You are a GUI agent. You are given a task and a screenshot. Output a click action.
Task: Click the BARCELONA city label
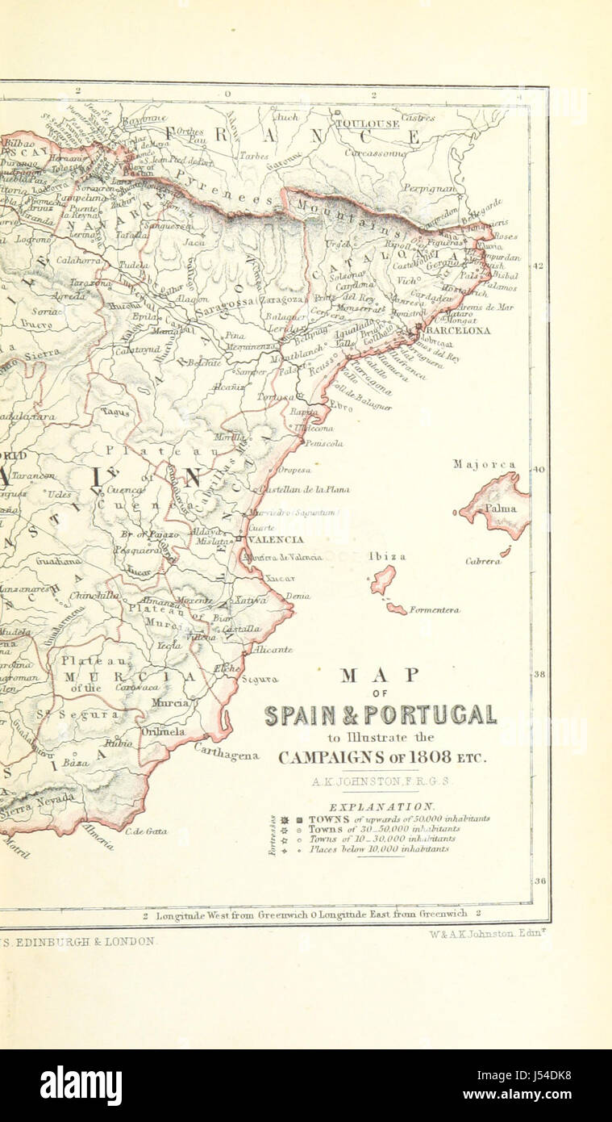click(x=458, y=330)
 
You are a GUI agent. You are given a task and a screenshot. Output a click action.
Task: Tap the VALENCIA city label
click(x=276, y=539)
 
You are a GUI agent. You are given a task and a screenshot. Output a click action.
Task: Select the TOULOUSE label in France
click(x=367, y=124)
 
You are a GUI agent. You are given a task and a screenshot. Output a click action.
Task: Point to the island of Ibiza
click(x=383, y=579)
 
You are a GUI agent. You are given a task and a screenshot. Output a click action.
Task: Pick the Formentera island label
click(x=434, y=610)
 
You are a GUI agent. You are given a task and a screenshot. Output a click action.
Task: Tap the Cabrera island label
click(x=482, y=561)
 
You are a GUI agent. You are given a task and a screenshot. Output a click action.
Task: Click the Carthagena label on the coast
click(x=227, y=751)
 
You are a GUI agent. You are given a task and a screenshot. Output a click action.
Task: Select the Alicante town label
click(x=273, y=649)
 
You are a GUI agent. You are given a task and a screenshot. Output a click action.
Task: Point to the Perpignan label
click(x=430, y=187)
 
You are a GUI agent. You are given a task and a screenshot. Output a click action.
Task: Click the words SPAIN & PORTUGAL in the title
click(x=381, y=715)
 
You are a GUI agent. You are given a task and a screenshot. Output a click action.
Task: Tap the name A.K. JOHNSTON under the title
click(x=381, y=781)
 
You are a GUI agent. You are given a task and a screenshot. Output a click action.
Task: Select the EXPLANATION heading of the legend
click(x=381, y=806)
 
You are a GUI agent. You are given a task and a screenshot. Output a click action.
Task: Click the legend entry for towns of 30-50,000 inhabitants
click(x=384, y=829)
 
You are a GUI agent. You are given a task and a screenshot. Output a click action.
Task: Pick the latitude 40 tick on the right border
click(x=539, y=469)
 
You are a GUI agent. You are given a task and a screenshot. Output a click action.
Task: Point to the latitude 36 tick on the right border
click(x=539, y=881)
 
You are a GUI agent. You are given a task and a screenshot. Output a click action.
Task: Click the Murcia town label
click(x=170, y=703)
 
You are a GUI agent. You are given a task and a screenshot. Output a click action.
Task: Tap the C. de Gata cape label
click(x=146, y=831)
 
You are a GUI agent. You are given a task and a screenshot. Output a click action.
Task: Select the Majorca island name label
click(x=484, y=465)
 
